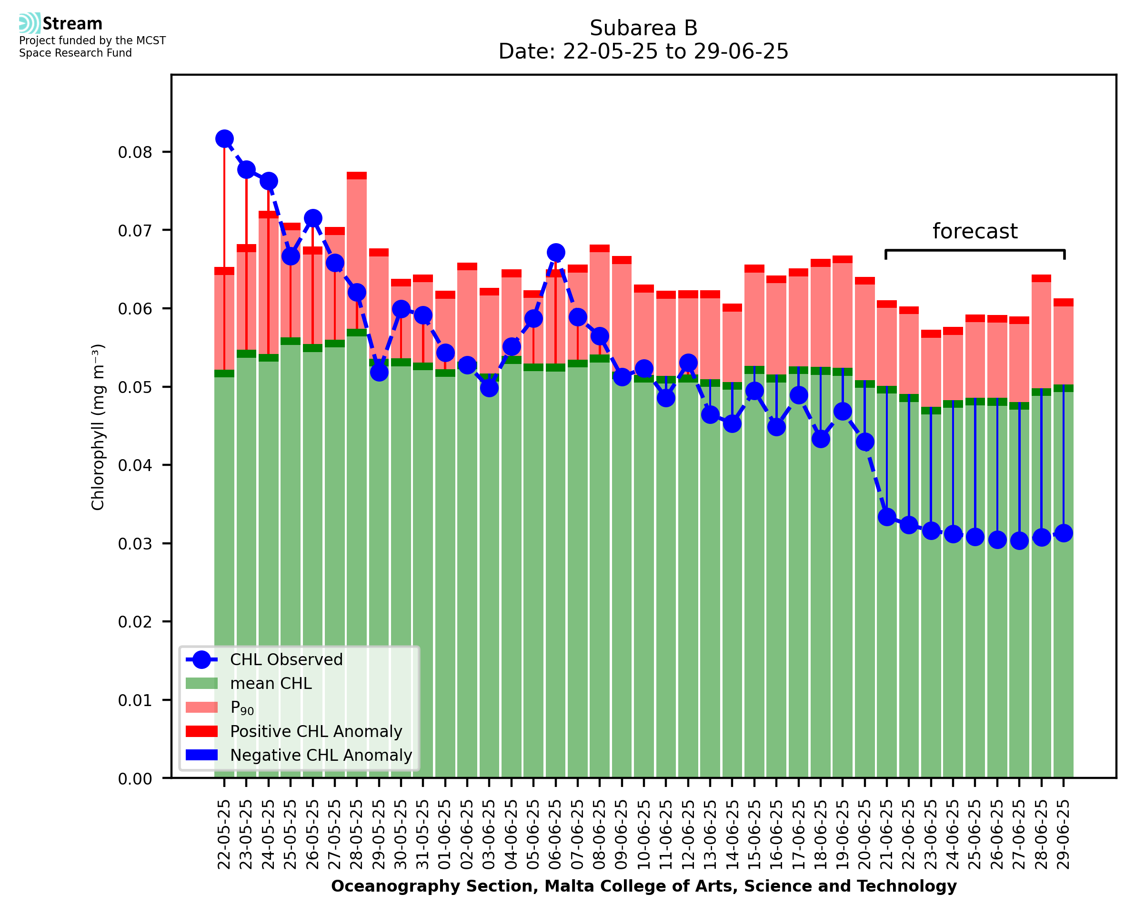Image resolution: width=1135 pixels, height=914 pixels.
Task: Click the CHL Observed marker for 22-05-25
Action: [x=224, y=139]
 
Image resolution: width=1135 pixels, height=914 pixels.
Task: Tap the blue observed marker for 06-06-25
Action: [x=556, y=252]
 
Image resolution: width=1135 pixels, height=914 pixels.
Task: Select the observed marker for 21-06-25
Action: [x=887, y=517]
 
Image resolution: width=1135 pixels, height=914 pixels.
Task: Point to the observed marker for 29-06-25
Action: [x=1064, y=533]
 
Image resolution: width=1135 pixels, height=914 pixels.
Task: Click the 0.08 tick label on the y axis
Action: [x=134, y=153]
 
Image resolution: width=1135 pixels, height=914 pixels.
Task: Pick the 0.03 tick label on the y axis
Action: [x=134, y=544]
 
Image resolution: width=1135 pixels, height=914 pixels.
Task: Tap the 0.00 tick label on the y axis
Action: [x=134, y=779]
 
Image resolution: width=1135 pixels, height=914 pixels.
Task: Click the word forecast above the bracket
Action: [x=975, y=232]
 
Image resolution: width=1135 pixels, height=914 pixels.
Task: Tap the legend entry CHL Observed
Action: [x=286, y=660]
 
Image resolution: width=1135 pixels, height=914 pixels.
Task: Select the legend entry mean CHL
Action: [x=271, y=683]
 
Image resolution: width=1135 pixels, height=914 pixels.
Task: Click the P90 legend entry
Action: [x=242, y=708]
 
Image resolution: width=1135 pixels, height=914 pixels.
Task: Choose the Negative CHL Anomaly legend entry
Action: [x=321, y=755]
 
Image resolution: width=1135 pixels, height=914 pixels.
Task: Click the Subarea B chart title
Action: [x=643, y=28]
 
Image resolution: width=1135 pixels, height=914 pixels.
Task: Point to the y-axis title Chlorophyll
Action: [x=98, y=427]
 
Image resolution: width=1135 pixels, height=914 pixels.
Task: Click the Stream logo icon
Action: [x=30, y=23]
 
